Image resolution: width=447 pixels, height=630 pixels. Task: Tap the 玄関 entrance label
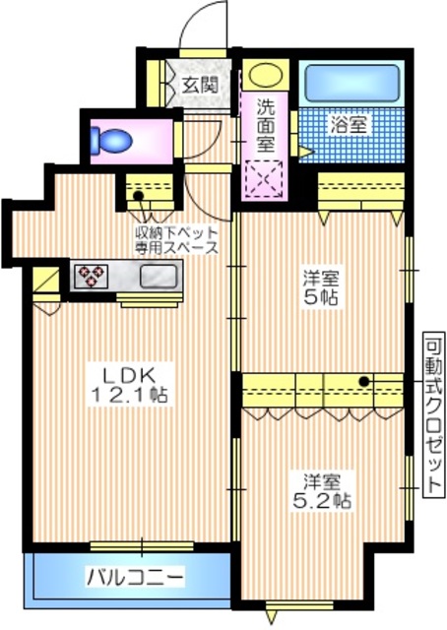click(199, 85)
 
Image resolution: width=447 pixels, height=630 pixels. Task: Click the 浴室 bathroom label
click(351, 126)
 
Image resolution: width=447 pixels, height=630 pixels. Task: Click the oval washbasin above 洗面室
click(265, 75)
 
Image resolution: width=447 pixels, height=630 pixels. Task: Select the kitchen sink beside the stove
click(156, 276)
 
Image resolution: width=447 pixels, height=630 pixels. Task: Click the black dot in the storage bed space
click(139, 196)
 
